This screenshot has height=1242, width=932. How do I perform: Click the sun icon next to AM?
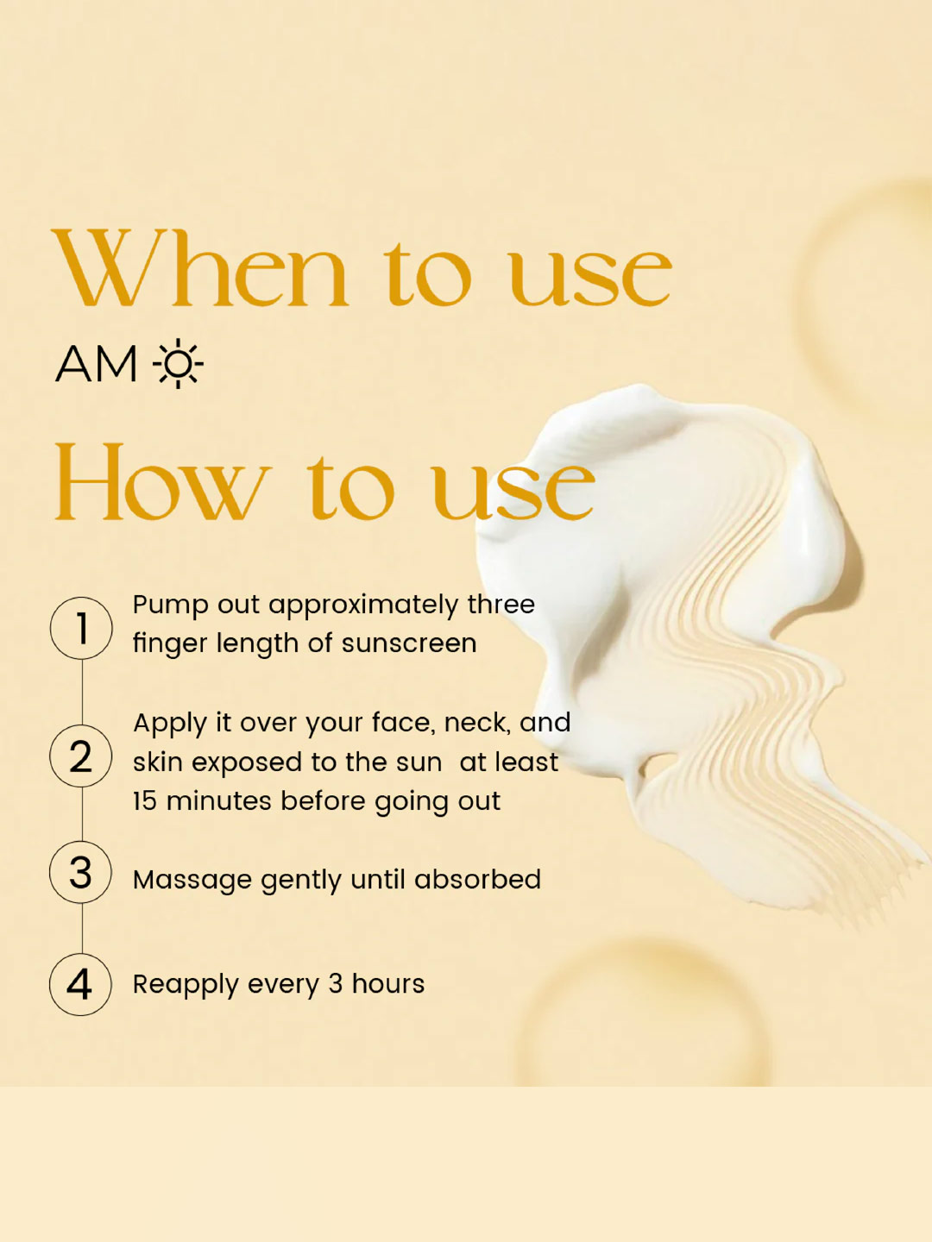[179, 363]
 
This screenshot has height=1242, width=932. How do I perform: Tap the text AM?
[96, 364]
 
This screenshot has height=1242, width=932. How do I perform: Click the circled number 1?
[81, 628]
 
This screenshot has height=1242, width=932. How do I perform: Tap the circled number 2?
[81, 756]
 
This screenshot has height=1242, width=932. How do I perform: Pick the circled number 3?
[80, 873]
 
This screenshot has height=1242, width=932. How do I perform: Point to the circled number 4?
[80, 985]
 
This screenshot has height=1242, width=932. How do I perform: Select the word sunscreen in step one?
[409, 643]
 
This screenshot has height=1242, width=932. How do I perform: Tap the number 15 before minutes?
[145, 801]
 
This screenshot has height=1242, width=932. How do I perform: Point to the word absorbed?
[477, 879]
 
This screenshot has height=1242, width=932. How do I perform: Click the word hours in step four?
[388, 984]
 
